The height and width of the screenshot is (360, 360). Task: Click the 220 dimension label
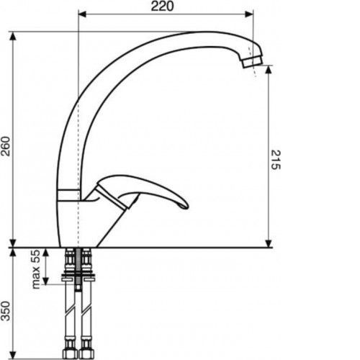coord(162,6)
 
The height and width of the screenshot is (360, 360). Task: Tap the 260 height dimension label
coord(6,146)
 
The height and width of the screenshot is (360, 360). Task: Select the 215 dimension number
coord(276,160)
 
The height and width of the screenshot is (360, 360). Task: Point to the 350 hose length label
coord(6,311)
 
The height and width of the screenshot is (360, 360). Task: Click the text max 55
coord(36,269)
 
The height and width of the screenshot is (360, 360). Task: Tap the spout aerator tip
coord(253,62)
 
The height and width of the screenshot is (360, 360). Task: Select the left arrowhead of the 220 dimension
coord(82,14)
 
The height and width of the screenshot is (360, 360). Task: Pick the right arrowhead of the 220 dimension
coord(249,14)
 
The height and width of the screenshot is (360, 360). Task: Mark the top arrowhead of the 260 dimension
coord(13,36)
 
